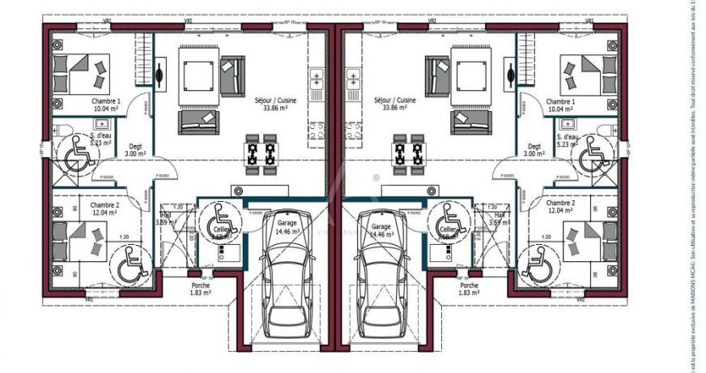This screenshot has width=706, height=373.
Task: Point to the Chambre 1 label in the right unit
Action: pyautogui.click(x=560, y=105)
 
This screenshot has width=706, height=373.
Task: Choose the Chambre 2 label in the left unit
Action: pyautogui.click(x=105, y=209)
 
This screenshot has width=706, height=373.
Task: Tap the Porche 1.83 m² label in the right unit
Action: pyautogui.click(x=469, y=290)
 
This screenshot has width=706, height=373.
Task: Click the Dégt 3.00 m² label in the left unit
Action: pyautogui.click(x=134, y=148)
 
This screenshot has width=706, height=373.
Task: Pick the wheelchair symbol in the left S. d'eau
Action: pyautogui.click(x=78, y=152)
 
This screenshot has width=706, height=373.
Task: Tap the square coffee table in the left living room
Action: pyautogui.click(x=198, y=75)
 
